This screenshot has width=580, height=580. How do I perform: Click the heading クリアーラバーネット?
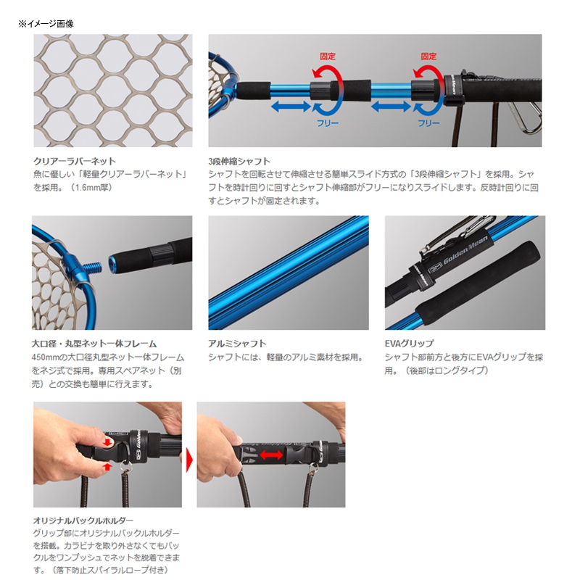click(75, 161)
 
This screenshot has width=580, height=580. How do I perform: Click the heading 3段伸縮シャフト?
click(239, 161)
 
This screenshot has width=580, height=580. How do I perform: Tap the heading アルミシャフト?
click(237, 344)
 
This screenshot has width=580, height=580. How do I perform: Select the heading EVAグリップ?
click(409, 344)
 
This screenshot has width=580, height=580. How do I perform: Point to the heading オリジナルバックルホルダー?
click(83, 521)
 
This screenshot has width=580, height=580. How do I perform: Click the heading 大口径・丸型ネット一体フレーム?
click(94, 344)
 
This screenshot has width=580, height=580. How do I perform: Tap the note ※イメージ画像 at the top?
click(46, 24)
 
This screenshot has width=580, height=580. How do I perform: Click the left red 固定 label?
click(328, 57)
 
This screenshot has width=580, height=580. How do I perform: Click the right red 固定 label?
click(428, 57)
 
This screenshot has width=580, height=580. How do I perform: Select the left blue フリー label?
click(328, 123)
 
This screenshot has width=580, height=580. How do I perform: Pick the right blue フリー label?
click(428, 123)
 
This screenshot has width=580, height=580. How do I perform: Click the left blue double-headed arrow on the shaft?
click(291, 107)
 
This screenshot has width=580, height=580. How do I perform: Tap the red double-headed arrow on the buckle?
click(271, 455)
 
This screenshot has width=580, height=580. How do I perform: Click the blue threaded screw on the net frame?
click(94, 266)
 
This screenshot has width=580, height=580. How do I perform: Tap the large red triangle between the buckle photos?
click(189, 460)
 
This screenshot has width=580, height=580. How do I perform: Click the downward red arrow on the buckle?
click(108, 442)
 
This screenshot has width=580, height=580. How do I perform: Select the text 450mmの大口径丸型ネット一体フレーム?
click(108, 357)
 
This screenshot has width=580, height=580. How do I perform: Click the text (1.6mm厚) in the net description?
click(91, 188)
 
